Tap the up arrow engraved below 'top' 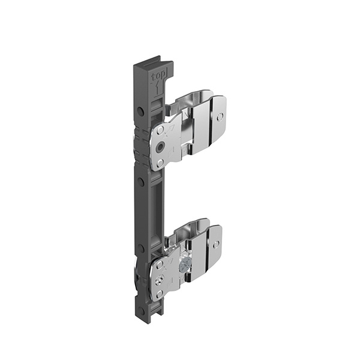pos(158,89)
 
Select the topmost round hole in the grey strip pos(140,112)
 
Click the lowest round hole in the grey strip pos(142,311)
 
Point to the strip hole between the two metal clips pos(140,181)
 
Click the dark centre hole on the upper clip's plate pos(160,147)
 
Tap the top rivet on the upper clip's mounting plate pos(160,130)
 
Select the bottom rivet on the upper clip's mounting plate pos(160,163)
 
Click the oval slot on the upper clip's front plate pos(220,117)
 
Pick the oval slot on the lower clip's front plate pos(216,244)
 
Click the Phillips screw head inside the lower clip pos(187,263)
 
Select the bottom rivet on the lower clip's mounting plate pos(159,293)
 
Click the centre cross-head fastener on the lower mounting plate pos(159,279)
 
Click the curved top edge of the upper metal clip pos(192,95)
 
